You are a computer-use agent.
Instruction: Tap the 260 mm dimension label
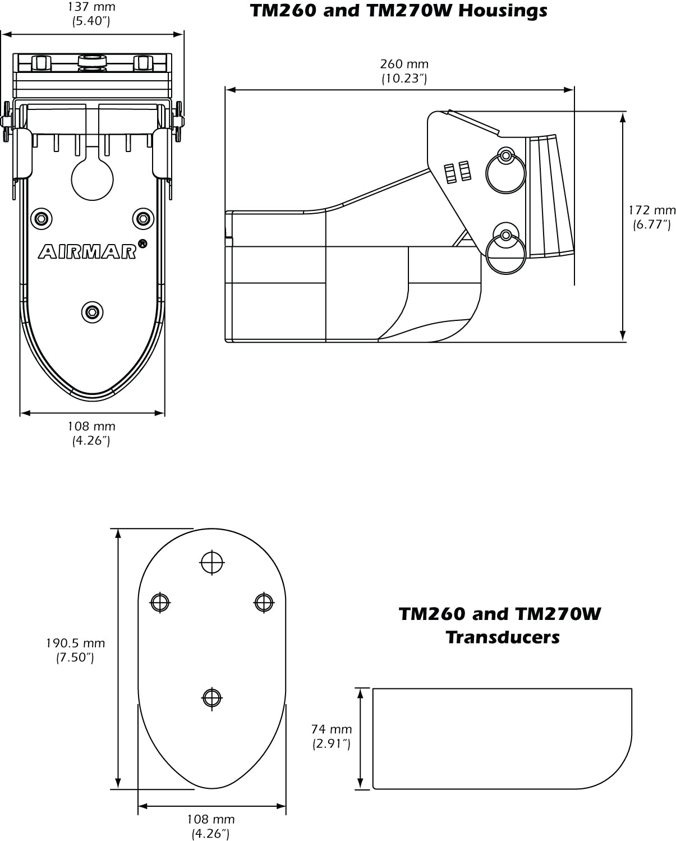[404, 64]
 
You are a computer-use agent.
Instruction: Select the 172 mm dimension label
[651, 210]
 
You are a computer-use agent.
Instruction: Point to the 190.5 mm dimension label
[75, 644]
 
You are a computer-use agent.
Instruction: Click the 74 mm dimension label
[332, 729]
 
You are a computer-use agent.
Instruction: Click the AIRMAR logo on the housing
[88, 252]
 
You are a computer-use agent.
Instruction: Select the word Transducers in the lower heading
[503, 637]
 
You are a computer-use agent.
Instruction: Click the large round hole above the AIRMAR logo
[93, 180]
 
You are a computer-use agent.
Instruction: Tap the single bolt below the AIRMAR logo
[92, 311]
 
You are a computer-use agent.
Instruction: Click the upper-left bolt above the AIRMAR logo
[41, 218]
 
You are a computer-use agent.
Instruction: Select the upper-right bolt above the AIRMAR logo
[143, 218]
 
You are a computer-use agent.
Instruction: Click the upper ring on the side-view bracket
[506, 172]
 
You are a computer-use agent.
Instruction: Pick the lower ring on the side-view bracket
[506, 253]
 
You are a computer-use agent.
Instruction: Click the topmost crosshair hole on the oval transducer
[212, 562]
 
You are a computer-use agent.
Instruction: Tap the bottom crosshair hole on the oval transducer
[212, 698]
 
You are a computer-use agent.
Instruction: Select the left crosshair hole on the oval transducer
[160, 602]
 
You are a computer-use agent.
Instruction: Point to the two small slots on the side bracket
[456, 173]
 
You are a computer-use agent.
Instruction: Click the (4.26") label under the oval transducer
[210, 834]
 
